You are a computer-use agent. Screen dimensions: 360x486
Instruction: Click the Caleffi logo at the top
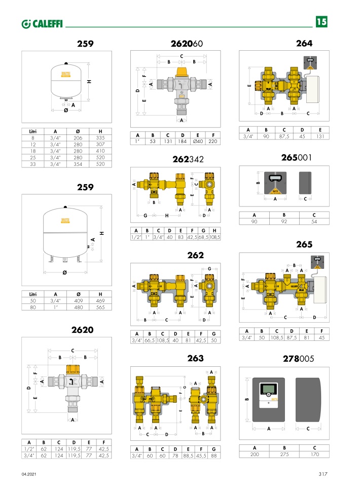point(42,24)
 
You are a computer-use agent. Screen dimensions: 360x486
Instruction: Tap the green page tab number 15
point(321,22)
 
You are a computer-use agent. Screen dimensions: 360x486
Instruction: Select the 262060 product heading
point(187,44)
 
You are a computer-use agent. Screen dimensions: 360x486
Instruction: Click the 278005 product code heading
point(298,359)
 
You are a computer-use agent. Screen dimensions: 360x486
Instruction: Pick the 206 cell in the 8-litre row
point(78,138)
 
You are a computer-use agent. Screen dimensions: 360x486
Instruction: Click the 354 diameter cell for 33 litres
point(78,164)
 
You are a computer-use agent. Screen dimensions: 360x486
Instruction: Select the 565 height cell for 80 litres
point(100,307)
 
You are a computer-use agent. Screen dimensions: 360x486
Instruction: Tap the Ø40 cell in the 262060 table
point(198,142)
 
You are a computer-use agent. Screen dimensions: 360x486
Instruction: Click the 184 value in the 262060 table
point(183,142)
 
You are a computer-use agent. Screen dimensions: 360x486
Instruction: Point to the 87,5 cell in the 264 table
point(284,136)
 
